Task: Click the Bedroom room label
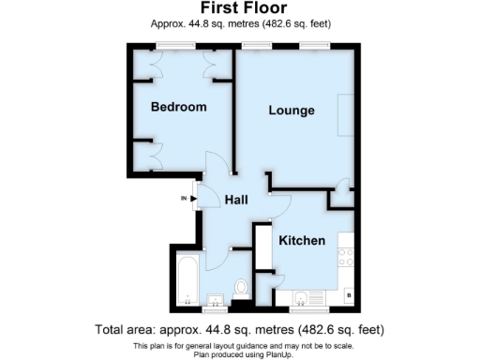[178, 107]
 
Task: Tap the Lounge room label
[291, 111]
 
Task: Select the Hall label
[234, 200]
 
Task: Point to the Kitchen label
[301, 241]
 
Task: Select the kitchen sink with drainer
[302, 299]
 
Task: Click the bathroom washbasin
[215, 301]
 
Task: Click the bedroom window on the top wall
[170, 45]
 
